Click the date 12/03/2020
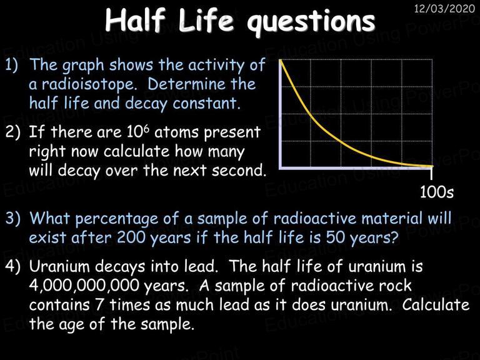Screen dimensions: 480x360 pos(444,8)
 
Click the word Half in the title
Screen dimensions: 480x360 pos(135,19)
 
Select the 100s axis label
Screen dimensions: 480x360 pos(436,192)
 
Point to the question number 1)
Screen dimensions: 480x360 pos(12,65)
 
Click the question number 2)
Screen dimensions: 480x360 pos(13,132)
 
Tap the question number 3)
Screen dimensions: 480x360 pos(13,219)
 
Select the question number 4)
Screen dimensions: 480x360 pos(13,267)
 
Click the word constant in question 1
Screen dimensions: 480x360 pos(205,103)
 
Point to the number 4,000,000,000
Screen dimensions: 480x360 pos(84,286)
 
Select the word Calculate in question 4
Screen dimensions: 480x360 pos(436,304)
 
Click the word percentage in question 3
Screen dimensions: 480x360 pos(117,220)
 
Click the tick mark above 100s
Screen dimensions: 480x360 pos(431,174)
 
